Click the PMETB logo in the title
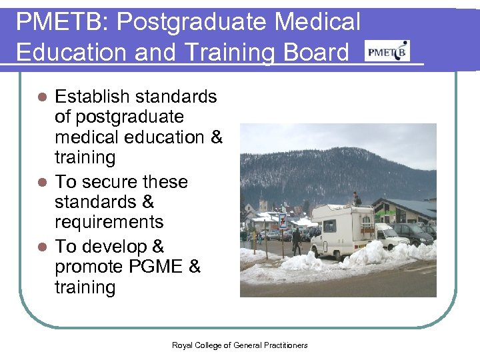point(387,51)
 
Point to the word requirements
point(109,221)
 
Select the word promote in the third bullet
point(92,267)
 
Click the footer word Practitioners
point(285,345)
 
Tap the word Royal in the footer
point(182,345)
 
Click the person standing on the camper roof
point(357,198)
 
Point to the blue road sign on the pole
point(283,221)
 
